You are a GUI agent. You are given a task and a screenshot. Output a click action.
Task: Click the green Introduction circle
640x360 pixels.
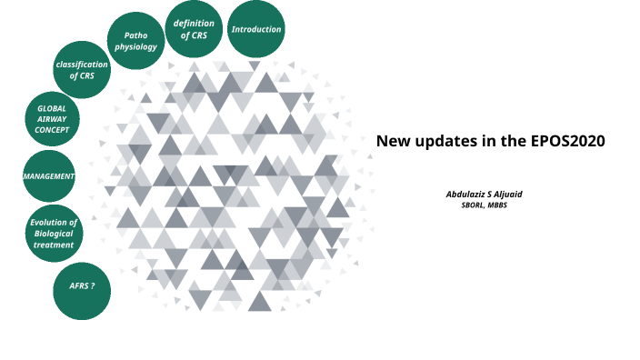pyautogui.click(x=256, y=30)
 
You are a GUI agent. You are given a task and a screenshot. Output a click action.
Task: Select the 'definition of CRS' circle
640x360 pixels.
pyautogui.click(x=194, y=30)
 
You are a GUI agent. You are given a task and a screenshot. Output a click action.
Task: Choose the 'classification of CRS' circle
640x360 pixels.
pyautogui.click(x=82, y=70)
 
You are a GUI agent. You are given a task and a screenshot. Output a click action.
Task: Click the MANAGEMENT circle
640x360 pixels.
pyautogui.click(x=48, y=175)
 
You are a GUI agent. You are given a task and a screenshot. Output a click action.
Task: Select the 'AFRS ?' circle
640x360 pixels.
pyautogui.click(x=83, y=286)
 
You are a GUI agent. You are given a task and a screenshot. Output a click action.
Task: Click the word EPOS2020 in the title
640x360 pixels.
pyautogui.click(x=568, y=141)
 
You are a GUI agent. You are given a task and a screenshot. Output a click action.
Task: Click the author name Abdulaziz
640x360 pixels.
pyautogui.click(x=468, y=195)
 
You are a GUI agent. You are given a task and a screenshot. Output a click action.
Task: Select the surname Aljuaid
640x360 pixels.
pyautogui.click(x=515, y=195)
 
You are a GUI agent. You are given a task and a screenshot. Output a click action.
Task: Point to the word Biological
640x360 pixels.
pyautogui.click(x=54, y=234)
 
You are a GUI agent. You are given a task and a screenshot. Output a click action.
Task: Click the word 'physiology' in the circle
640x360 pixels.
pyautogui.click(x=136, y=47)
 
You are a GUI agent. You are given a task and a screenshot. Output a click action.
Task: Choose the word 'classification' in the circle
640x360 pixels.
pyautogui.click(x=82, y=65)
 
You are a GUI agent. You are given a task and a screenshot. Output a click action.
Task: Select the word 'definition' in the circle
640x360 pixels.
pyautogui.click(x=194, y=24)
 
